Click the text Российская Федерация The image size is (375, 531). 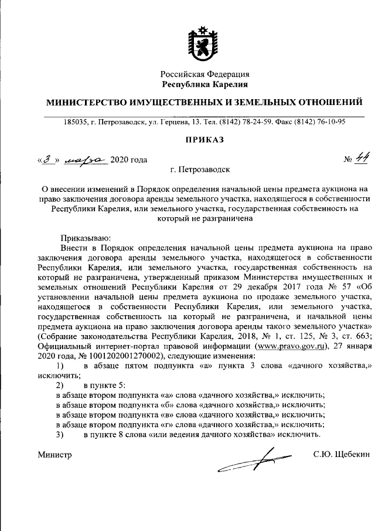(205, 75)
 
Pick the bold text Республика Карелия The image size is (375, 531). (205, 85)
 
